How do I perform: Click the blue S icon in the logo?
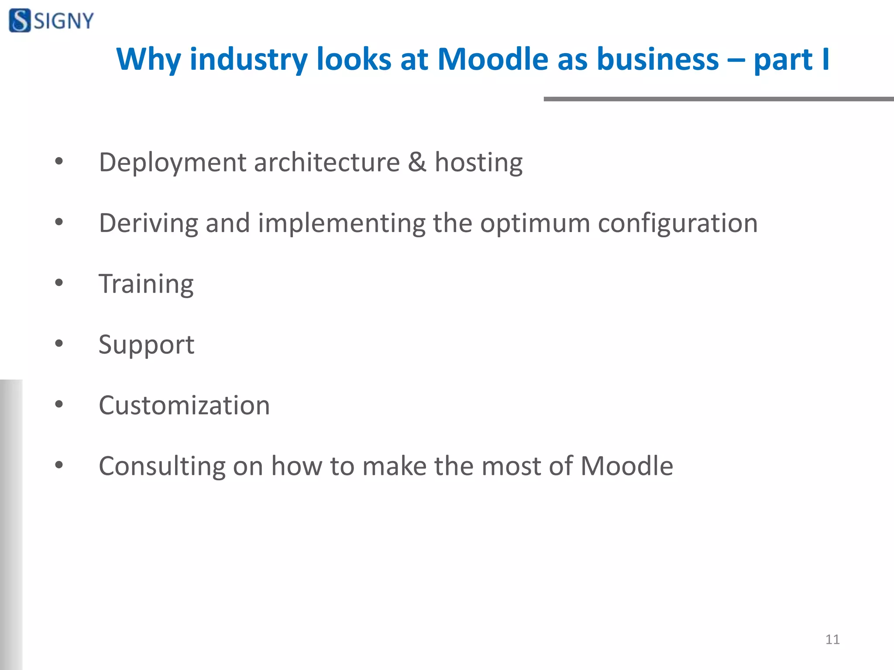click(x=20, y=21)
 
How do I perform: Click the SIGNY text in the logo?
click(x=64, y=21)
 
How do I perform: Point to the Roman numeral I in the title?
click(x=825, y=59)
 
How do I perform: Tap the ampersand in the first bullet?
click(x=417, y=162)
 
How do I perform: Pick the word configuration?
click(x=677, y=224)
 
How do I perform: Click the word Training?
click(x=146, y=284)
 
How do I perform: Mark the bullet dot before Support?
click(x=59, y=344)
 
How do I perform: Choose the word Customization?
click(x=184, y=405)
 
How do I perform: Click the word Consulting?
click(x=162, y=466)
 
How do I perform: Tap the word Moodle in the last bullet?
click(x=626, y=465)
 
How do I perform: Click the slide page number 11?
click(x=832, y=639)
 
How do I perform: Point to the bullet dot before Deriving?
click(x=59, y=222)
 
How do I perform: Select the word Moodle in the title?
click(x=492, y=59)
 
